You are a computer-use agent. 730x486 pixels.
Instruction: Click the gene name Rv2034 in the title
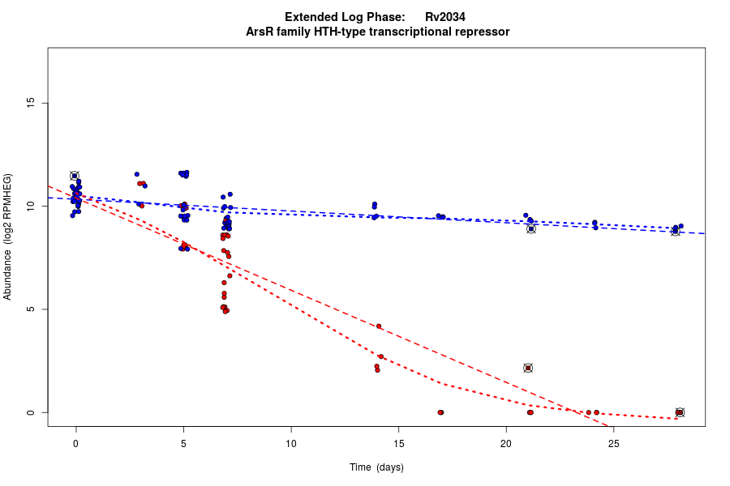pos(444,17)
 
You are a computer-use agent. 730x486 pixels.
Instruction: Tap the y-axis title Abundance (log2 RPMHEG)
pos(8,237)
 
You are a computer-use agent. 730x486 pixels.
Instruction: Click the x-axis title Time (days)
pos(376,467)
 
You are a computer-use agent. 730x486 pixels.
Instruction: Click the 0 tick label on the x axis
pos(76,444)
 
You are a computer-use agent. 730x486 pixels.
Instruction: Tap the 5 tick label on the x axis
pos(183,444)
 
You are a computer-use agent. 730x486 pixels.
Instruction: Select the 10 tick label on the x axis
pos(291,444)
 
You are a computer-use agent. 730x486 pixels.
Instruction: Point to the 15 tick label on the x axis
pos(398,444)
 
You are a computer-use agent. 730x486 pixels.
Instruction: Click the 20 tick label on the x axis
pos(506,444)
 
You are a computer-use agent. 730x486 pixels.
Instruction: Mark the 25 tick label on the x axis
pos(613,444)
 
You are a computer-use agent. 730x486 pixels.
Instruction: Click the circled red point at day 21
pos(528,368)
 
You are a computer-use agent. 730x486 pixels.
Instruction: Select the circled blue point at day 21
pos(531,229)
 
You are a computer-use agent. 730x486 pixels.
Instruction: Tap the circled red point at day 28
pos(680,412)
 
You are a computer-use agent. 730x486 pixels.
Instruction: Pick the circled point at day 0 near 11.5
pos(75,176)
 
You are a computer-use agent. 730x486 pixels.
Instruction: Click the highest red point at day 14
pos(379,326)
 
